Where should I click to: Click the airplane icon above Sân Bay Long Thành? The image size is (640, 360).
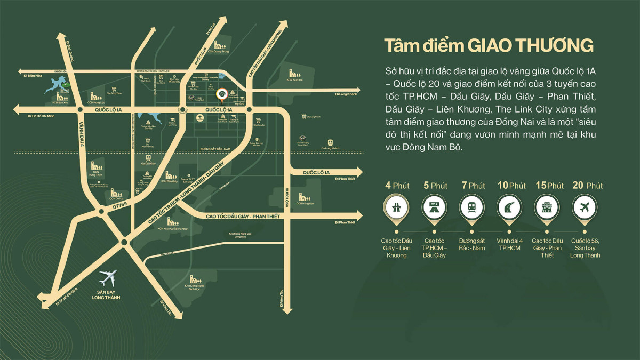tap(108, 277)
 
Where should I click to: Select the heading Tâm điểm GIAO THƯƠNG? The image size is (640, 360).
tap(489, 46)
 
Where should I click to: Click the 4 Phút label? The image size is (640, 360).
tap(397, 186)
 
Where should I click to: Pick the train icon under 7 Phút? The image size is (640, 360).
tap(472, 206)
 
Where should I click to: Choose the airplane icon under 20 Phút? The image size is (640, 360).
tap(585, 206)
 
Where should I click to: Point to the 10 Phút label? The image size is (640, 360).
tap(511, 186)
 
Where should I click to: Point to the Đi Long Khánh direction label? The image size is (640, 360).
tap(345, 94)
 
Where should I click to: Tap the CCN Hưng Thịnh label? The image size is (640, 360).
tap(95, 174)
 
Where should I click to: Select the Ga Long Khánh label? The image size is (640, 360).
tap(331, 148)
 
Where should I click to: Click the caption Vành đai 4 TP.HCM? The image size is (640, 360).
tap(510, 244)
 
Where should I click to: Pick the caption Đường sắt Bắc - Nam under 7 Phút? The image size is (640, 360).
tap(472, 244)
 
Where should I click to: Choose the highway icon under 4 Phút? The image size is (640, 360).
tap(397, 206)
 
